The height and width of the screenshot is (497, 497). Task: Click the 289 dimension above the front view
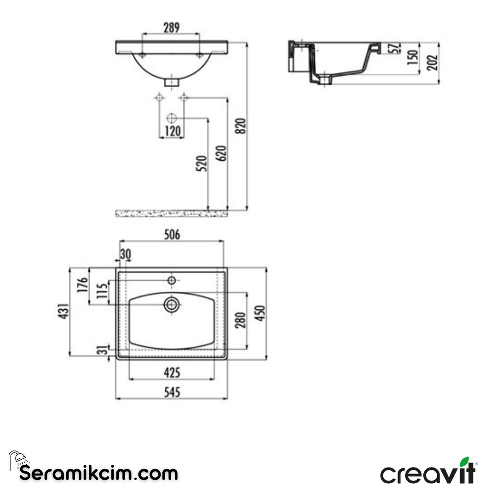click(171, 28)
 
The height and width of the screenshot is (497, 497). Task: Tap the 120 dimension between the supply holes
click(172, 131)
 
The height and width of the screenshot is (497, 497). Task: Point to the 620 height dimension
click(222, 153)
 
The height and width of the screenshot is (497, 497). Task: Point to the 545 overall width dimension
click(171, 392)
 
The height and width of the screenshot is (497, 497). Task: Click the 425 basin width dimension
click(171, 372)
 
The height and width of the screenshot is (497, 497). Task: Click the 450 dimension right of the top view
click(260, 313)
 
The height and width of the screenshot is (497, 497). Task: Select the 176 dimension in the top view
click(83, 286)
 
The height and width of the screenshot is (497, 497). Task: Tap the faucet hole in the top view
click(172, 280)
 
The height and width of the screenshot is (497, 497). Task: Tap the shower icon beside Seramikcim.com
click(17, 459)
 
